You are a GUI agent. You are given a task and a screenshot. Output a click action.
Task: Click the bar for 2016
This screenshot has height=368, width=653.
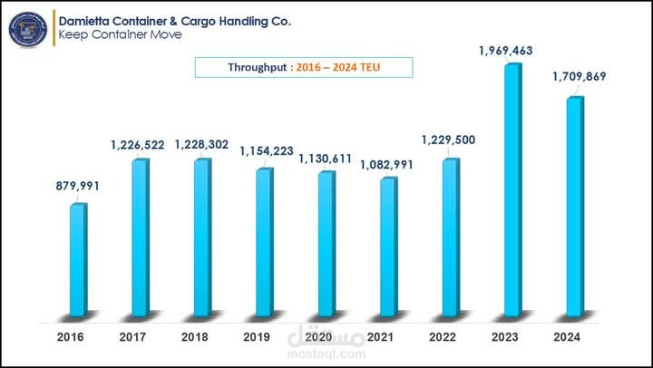tap(78, 260)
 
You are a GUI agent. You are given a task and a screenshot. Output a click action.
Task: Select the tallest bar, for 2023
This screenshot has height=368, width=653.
tap(513, 189)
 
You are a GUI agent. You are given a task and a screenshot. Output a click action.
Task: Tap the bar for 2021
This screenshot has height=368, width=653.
tap(389, 247)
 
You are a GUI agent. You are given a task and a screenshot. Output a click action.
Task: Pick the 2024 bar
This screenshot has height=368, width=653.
tap(575, 207)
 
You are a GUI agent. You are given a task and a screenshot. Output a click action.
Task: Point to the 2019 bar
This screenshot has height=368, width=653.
tap(265, 242)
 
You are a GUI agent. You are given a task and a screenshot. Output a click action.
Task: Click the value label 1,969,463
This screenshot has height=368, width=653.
tap(505, 51)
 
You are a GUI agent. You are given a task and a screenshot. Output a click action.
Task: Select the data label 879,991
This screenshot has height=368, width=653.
tap(78, 186)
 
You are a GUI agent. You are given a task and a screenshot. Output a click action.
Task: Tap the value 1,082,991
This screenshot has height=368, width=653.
tap(386, 165)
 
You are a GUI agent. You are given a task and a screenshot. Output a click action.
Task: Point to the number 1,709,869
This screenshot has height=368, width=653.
tap(580, 77)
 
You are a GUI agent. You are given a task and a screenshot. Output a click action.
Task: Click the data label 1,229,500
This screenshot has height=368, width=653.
tap(448, 140)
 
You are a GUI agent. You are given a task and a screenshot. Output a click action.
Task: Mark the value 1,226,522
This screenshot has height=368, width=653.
tap(138, 145)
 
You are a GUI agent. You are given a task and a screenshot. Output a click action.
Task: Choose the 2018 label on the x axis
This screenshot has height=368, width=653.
tap(194, 337)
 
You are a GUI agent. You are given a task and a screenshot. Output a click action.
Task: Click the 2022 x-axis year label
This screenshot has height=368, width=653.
tap(443, 337)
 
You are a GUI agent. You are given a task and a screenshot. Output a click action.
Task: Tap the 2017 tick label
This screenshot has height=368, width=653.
tap(132, 337)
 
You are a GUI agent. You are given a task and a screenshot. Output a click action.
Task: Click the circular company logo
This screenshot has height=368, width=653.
tap(28, 29)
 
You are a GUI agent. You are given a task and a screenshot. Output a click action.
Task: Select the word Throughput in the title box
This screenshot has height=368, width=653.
tap(258, 67)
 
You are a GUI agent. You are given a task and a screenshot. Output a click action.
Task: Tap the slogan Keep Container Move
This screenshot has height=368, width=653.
tap(120, 34)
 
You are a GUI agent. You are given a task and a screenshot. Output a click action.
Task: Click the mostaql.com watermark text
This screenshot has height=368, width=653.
tap(326, 354)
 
